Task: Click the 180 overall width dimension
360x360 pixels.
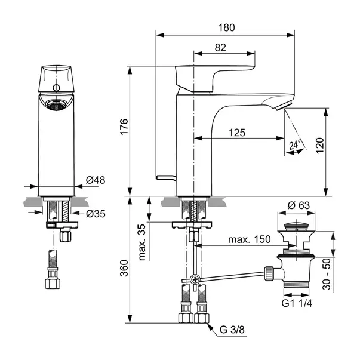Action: coord(226,28)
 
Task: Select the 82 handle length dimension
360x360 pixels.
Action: coord(220,48)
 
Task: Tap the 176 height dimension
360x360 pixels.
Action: coord(124,127)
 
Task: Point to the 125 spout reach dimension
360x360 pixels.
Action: coord(237,133)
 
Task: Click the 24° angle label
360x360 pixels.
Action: coord(295,144)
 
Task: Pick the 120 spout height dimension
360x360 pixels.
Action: coord(320,146)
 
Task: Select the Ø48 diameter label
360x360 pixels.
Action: coord(96,180)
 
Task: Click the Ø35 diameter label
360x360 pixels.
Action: coord(96,214)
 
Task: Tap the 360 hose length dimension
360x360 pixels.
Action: coord(124,268)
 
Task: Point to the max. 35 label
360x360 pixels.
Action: coord(142,242)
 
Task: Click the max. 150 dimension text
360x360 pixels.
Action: coord(250,239)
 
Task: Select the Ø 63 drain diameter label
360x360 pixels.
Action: coord(299,205)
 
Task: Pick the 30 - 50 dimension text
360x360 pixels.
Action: coord(327,274)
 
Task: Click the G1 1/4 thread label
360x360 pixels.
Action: coord(297,303)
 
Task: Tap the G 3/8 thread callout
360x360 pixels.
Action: coord(232,330)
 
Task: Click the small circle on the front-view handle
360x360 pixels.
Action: coord(56,88)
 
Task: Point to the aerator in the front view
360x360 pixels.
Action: coord(56,106)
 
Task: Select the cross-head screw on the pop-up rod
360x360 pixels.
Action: coord(195,279)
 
